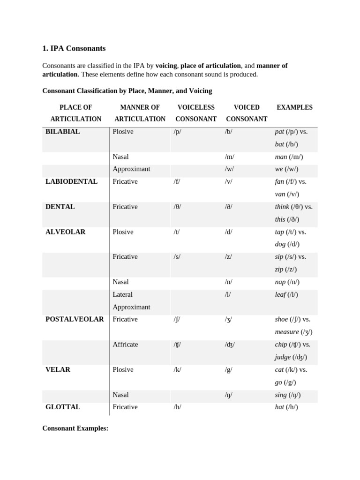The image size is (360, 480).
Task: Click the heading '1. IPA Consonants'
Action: pos(74,48)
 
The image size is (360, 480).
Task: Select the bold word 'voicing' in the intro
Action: pos(166,66)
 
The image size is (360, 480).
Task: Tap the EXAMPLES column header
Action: pos(294,107)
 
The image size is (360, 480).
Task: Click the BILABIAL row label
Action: pos(63,132)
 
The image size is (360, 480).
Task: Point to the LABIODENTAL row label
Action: pos(71,181)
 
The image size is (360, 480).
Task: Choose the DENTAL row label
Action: pos(60,207)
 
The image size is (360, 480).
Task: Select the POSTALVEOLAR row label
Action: pos(75,319)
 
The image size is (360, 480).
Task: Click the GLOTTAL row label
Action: pos(63,407)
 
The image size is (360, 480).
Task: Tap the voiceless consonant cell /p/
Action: pos(177,132)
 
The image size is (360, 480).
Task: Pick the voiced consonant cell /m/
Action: pos(229,157)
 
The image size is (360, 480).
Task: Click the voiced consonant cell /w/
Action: pos(229,169)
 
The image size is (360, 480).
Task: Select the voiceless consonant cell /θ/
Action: pos(177,207)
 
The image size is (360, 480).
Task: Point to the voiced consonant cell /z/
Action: pos(228,256)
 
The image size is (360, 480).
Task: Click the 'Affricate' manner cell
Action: pos(125,344)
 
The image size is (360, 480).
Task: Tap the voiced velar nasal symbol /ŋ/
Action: pos(228,395)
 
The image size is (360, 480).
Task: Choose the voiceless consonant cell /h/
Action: pos(177,407)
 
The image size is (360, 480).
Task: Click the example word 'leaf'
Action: pos(280,294)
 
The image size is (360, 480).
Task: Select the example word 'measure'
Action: pos(287,332)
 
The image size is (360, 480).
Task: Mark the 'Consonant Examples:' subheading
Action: pos(75,428)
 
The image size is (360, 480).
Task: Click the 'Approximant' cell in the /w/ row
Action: pos(131,169)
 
